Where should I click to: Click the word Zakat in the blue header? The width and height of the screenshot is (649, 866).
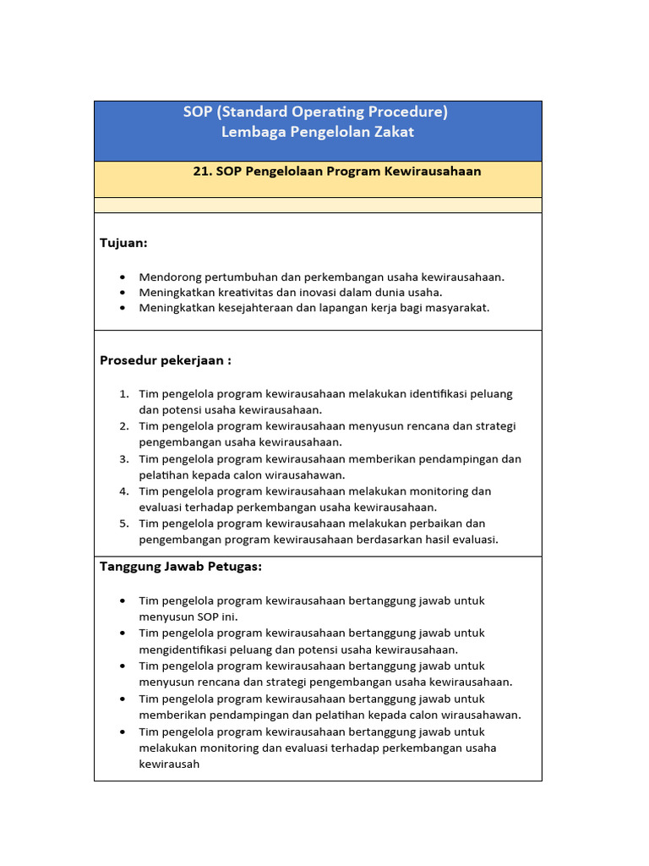tap(392, 133)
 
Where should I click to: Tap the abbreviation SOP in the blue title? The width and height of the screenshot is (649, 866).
tap(198, 112)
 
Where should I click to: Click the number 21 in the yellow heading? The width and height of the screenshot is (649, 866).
tap(201, 172)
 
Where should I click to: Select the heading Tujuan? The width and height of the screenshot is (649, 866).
tap(123, 244)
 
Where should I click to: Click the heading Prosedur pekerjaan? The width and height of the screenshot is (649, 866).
tap(166, 360)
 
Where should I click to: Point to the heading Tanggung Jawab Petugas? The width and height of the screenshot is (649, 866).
tap(181, 567)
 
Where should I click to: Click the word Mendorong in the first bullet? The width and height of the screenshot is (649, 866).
tap(167, 277)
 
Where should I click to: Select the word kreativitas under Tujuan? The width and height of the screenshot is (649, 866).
tap(239, 292)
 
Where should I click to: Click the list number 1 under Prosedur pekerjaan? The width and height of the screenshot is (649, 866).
tap(123, 394)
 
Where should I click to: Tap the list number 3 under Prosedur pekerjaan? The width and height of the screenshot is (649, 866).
tap(123, 459)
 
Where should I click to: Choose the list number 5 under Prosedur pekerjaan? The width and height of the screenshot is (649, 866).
tap(123, 523)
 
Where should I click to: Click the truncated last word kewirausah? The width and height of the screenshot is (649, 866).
tap(169, 764)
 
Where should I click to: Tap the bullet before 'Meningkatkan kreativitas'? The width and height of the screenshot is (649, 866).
tap(123, 293)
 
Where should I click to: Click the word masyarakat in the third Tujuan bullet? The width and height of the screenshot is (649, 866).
tap(457, 308)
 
